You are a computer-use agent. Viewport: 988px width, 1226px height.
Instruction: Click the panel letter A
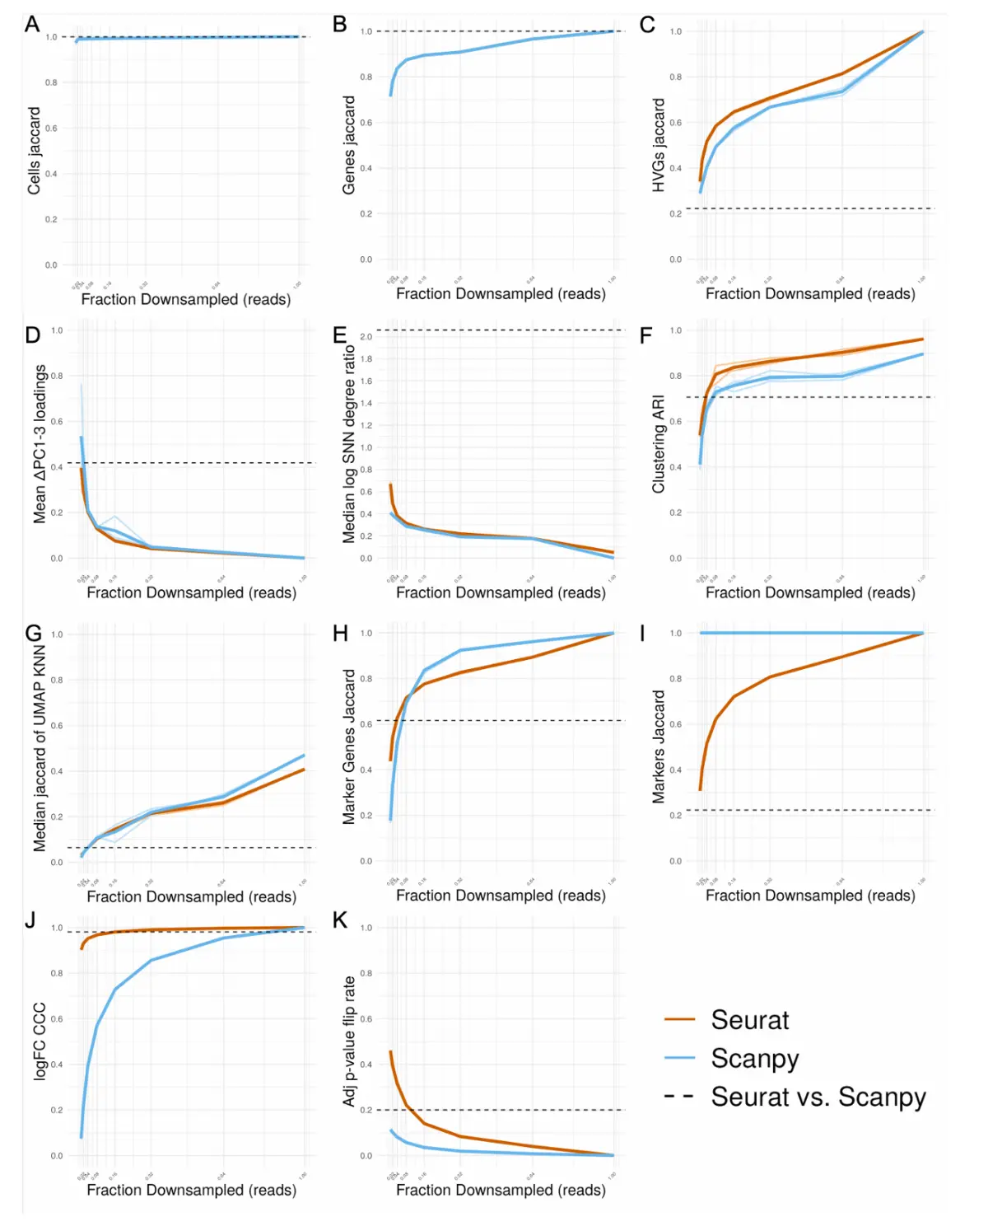pyautogui.click(x=32, y=24)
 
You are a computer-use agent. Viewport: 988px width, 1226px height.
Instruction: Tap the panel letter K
pyautogui.click(x=339, y=920)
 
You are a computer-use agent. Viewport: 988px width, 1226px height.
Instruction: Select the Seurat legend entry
pyautogui.click(x=749, y=1020)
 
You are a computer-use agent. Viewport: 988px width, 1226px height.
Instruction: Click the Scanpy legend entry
pyautogui.click(x=754, y=1058)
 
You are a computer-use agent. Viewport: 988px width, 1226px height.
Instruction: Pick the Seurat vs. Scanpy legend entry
pyautogui.click(x=818, y=1097)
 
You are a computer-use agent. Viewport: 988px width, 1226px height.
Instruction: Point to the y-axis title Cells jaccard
pyautogui.click(x=34, y=151)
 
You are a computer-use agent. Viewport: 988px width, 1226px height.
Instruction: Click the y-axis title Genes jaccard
pyautogui.click(x=349, y=145)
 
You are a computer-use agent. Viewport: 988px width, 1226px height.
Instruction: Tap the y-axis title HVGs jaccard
pyautogui.click(x=659, y=145)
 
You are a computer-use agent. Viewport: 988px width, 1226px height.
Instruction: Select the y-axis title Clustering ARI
pyautogui.click(x=659, y=444)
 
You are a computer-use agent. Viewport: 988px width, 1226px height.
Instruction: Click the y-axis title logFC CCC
pyautogui.click(x=40, y=1041)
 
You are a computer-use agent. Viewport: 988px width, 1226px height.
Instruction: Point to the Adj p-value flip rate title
pyautogui.click(x=349, y=1041)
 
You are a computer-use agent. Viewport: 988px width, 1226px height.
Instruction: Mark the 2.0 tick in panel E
pyautogui.click(x=366, y=337)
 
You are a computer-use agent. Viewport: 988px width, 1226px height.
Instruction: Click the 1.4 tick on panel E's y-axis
pyautogui.click(x=366, y=404)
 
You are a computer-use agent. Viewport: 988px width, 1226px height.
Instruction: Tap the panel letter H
pyautogui.click(x=340, y=633)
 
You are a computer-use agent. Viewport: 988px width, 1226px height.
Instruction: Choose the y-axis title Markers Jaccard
pyautogui.click(x=659, y=746)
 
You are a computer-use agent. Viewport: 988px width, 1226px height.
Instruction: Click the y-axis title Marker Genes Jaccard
pyautogui.click(x=349, y=746)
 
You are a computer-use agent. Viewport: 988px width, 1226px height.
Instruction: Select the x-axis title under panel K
pyautogui.click(x=501, y=1190)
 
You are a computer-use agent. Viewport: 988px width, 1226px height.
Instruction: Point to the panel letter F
pyautogui.click(x=646, y=335)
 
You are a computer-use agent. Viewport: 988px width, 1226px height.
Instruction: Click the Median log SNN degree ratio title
pyautogui.click(x=349, y=444)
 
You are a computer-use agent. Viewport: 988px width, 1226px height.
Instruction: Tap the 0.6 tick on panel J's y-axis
pyautogui.click(x=57, y=1019)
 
